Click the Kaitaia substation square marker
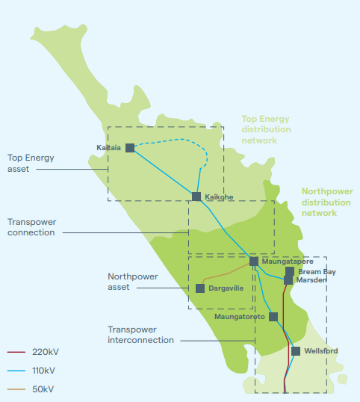click(130, 148)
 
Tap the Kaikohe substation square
click(196, 197)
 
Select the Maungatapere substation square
click(254, 262)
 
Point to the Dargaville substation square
click(200, 288)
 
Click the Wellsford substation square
click(296, 350)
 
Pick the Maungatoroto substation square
click(273, 317)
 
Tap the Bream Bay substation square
click(289, 272)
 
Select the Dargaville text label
click(226, 288)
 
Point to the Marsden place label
click(311, 280)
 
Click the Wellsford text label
click(321, 350)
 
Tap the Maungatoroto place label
click(240, 317)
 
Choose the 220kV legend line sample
click(16, 351)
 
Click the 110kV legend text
click(43, 370)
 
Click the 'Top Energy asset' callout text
click(31, 164)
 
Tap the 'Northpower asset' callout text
click(132, 282)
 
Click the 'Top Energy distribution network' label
click(265, 129)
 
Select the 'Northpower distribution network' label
click(326, 202)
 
